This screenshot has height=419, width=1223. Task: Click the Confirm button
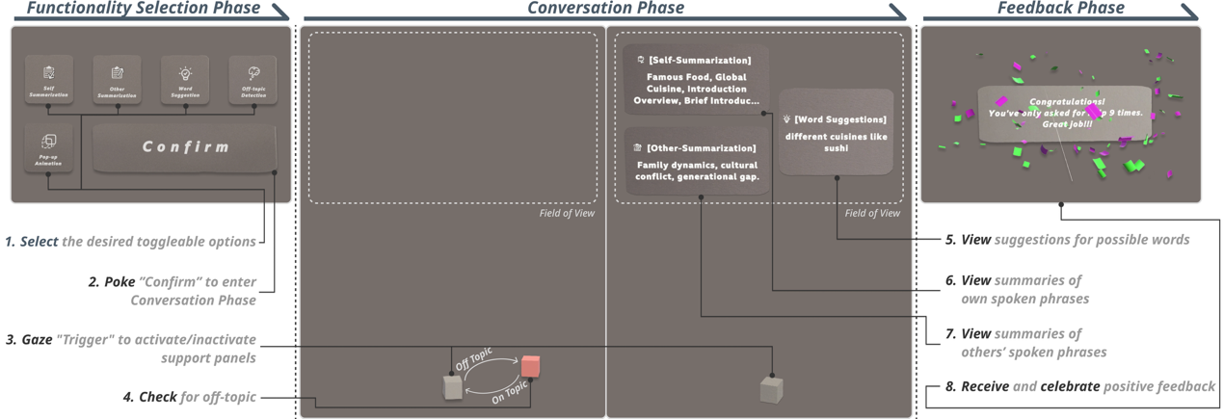pyautogui.click(x=185, y=147)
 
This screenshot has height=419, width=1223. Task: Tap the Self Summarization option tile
pyautogui.click(x=48, y=79)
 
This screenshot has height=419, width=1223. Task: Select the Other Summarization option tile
pyautogui.click(x=117, y=79)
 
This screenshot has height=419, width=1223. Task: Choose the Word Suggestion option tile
pyautogui.click(x=185, y=79)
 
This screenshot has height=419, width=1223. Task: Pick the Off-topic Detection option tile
pyautogui.click(x=253, y=79)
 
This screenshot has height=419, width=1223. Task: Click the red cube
pyautogui.click(x=530, y=366)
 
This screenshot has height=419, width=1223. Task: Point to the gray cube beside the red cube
pyautogui.click(x=452, y=387)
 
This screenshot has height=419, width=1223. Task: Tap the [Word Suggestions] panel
pyautogui.click(x=837, y=132)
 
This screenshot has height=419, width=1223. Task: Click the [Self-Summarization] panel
pyautogui.click(x=695, y=79)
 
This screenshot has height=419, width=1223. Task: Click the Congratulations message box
pyautogui.click(x=1065, y=112)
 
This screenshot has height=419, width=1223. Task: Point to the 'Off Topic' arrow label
pyautogui.click(x=473, y=359)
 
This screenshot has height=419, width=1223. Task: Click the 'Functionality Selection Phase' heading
pyautogui.click(x=143, y=9)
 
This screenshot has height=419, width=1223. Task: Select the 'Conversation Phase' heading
pyautogui.click(x=605, y=9)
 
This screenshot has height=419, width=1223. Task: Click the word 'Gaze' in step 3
pyautogui.click(x=38, y=340)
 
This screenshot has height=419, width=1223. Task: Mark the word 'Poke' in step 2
pyautogui.click(x=120, y=282)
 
